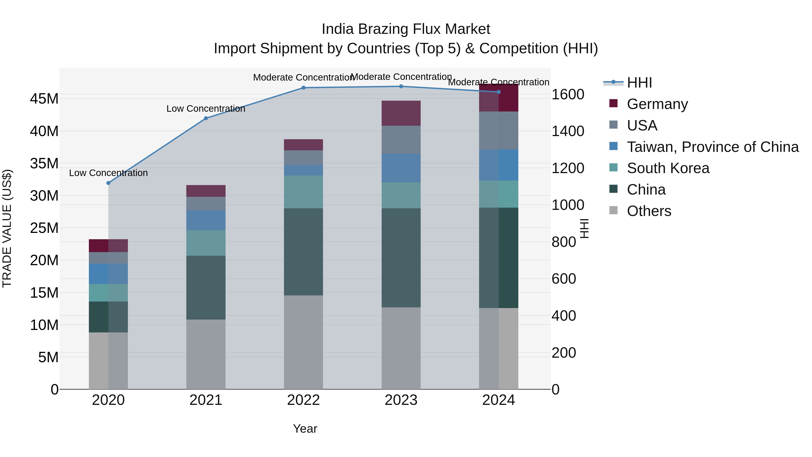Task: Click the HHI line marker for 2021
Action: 206,118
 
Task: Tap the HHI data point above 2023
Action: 401,86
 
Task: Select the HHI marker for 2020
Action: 108,183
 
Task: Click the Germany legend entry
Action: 657,104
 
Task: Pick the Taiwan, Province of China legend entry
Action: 712,147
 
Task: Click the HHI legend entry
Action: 639,83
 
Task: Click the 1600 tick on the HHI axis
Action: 568,94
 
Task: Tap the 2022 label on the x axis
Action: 303,400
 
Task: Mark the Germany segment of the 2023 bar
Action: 401,113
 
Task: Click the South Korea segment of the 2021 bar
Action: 206,243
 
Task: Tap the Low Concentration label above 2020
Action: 108,173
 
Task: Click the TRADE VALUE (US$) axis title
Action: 7,228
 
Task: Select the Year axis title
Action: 305,429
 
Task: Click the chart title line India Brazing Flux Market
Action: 406,29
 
